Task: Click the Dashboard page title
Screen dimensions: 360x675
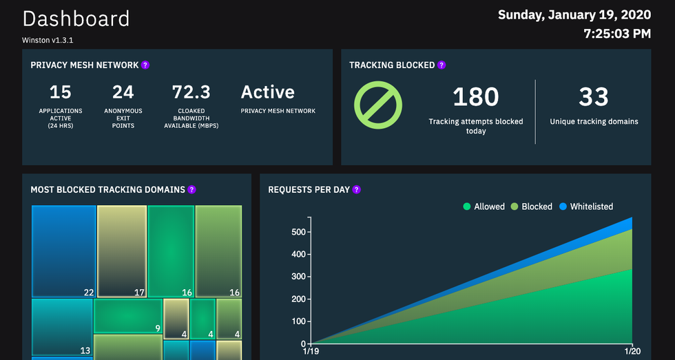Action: pos(76,19)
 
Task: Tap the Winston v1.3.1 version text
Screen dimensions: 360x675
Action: pos(48,40)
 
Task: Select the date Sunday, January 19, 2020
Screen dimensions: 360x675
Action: pos(574,14)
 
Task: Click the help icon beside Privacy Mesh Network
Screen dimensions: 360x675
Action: pos(145,65)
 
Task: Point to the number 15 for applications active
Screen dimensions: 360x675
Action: pos(61,92)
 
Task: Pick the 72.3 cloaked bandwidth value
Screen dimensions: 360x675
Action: pos(191,92)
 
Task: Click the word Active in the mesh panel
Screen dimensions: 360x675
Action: pos(267,92)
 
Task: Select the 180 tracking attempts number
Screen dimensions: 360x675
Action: pos(475,98)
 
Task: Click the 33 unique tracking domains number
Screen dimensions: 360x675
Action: pos(594,98)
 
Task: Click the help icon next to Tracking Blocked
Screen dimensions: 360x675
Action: pos(442,65)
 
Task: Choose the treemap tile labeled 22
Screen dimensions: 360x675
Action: pos(63,251)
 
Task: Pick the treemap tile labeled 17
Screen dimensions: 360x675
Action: pos(122,251)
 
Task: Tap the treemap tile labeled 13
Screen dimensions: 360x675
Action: pos(62,327)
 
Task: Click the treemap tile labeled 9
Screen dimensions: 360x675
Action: pos(127,316)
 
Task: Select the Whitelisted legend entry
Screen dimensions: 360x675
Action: pos(585,207)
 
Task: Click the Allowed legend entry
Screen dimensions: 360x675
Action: pos(484,207)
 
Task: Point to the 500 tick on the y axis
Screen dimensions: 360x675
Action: pos(297,232)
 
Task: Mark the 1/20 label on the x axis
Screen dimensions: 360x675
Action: pos(631,352)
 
